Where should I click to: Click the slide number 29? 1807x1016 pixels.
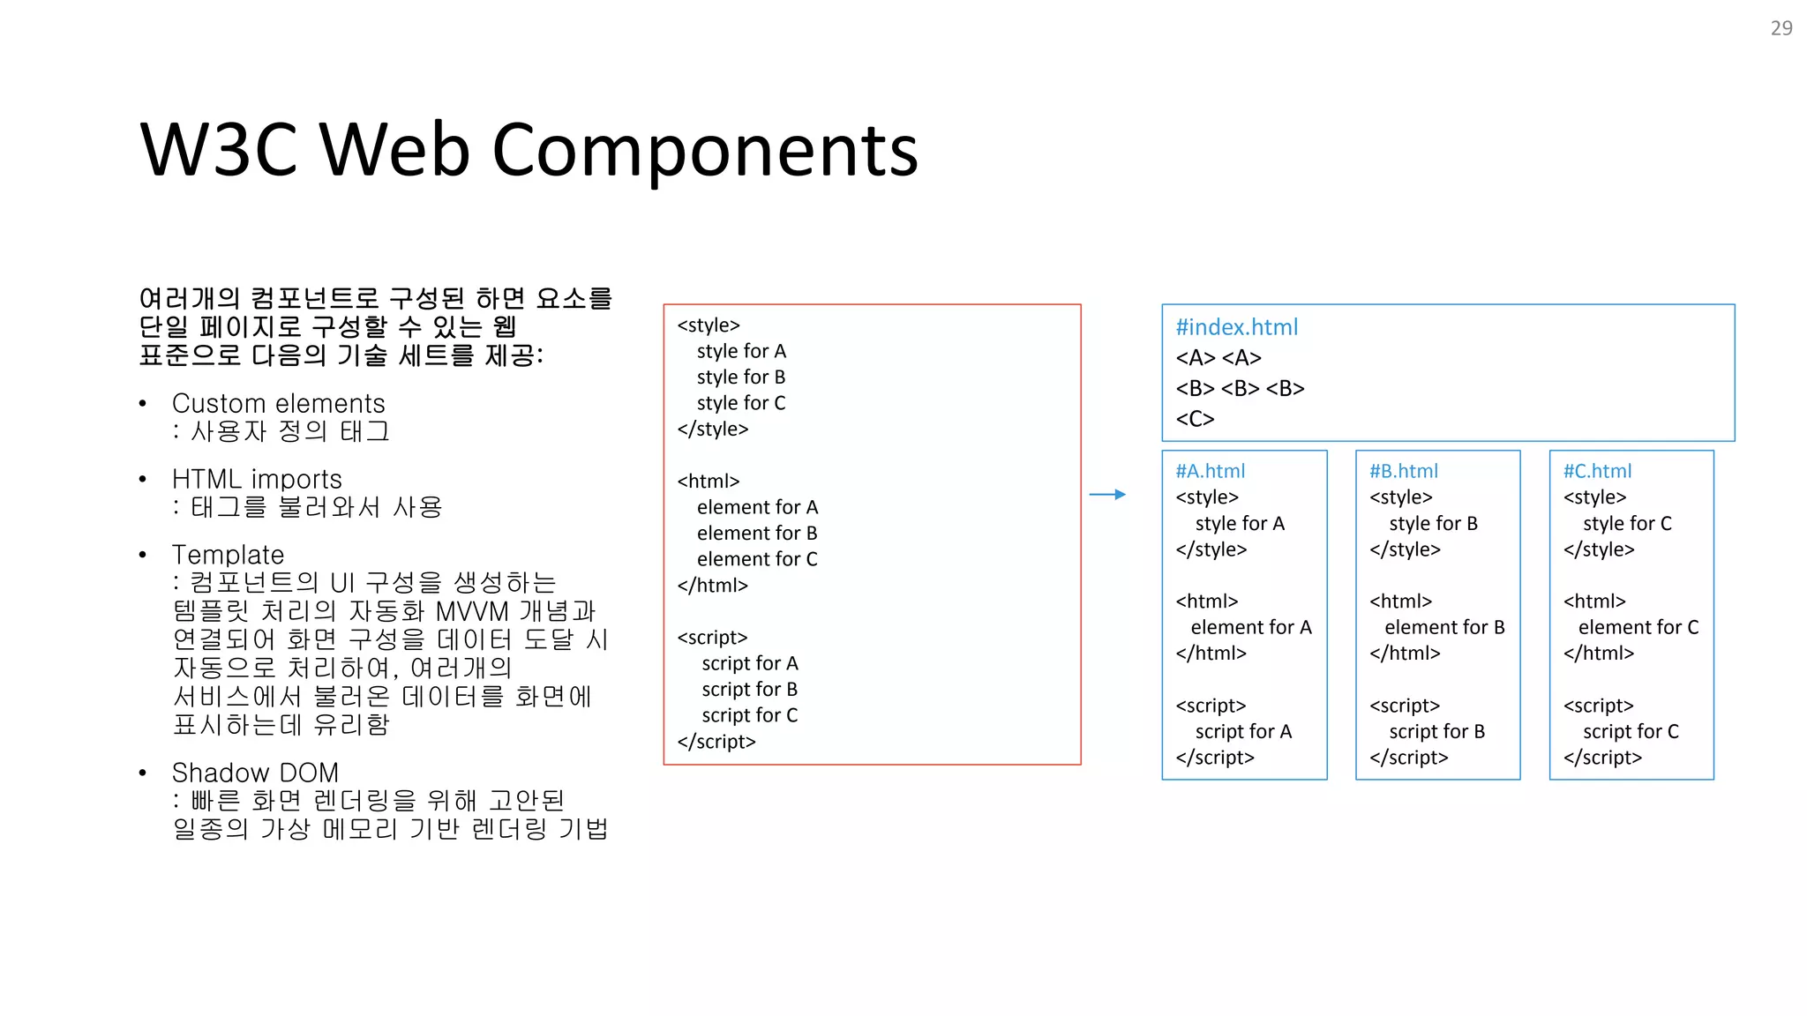click(1781, 28)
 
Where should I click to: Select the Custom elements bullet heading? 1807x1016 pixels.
click(278, 404)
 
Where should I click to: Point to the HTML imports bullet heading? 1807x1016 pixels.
click(257, 479)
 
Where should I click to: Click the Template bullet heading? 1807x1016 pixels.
click(228, 555)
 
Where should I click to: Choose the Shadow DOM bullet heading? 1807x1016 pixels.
click(255, 773)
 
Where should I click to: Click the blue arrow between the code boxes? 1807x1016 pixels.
click(1107, 495)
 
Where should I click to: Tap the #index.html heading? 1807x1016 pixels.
click(1236, 327)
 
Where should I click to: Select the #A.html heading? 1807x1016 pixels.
click(1210, 471)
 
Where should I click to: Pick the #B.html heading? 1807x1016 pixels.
click(1403, 471)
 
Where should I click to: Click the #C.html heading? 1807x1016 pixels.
click(1597, 471)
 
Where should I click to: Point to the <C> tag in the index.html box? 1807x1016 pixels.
click(1195, 419)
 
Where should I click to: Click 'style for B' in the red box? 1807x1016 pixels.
click(740, 377)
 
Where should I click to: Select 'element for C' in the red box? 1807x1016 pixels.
click(757, 559)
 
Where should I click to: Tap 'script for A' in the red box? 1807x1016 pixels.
click(749, 663)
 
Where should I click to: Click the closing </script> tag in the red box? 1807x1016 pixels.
click(716, 742)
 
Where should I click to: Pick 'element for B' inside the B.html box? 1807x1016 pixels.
click(1444, 627)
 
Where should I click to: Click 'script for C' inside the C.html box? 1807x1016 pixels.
click(1631, 731)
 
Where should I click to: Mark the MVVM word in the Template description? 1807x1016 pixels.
click(472, 611)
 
